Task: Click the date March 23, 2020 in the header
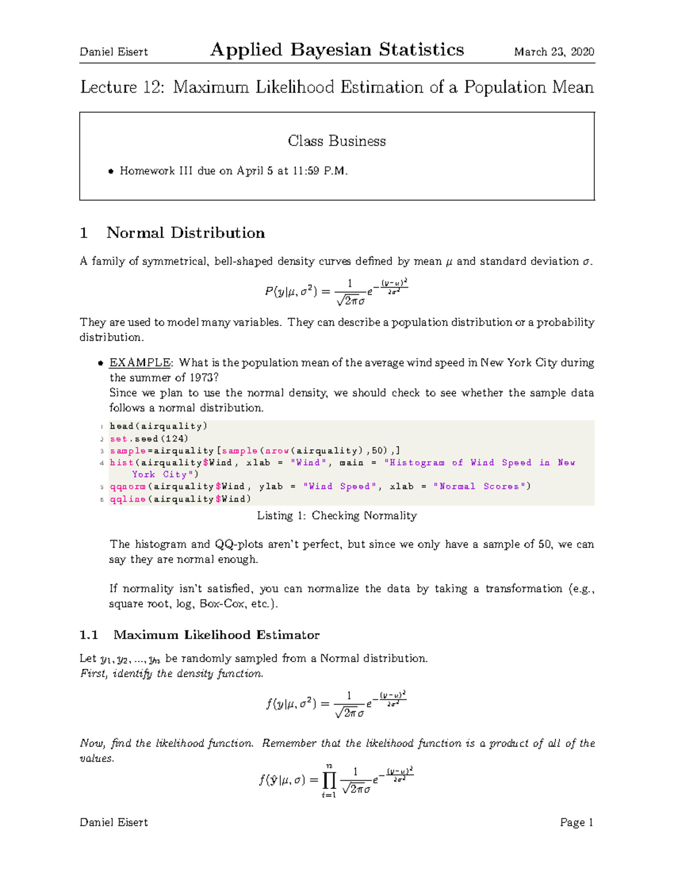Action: click(554, 52)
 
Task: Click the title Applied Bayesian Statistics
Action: click(337, 50)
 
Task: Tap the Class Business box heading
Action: click(336, 141)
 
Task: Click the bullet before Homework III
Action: click(111, 172)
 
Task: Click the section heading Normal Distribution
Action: click(185, 233)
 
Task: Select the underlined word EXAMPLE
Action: click(140, 363)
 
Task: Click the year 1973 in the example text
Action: click(201, 378)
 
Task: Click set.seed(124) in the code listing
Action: click(149, 439)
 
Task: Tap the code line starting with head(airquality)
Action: click(158, 426)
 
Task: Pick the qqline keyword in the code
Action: click(127, 499)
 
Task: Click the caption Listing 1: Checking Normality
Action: click(336, 515)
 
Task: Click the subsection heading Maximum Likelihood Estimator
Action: click(216, 635)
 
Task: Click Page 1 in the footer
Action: click(576, 823)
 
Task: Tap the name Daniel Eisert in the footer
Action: click(114, 823)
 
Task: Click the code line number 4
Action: click(102, 463)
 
